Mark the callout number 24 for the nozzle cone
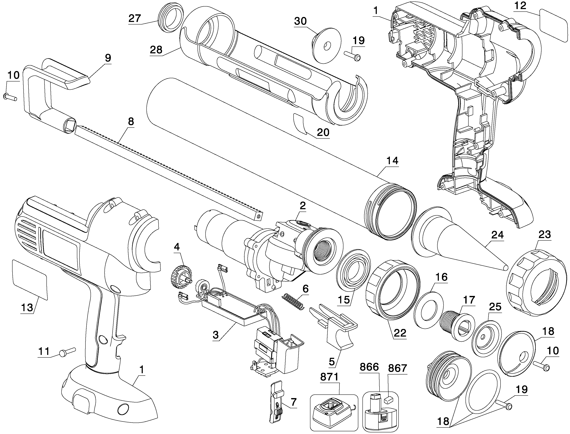coord(497,235)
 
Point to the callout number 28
coord(156,50)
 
